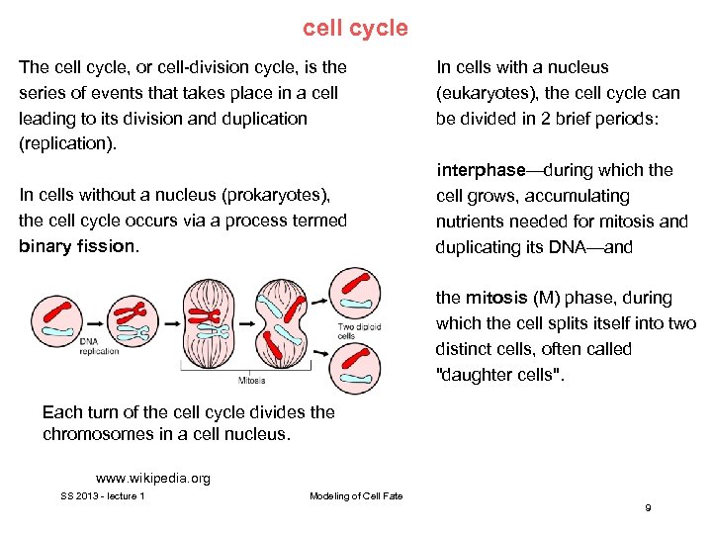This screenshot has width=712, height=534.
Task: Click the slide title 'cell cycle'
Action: click(355, 28)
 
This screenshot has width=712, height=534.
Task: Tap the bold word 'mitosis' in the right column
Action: click(491, 298)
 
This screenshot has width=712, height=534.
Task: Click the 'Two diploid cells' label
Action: click(359, 331)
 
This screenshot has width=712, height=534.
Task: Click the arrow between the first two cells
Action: click(94, 323)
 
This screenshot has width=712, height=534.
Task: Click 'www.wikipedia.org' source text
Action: click(152, 479)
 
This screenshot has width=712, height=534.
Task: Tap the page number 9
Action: click(648, 507)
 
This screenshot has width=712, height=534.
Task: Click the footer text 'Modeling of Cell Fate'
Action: click(356, 495)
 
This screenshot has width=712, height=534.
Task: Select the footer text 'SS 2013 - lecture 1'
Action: click(103, 495)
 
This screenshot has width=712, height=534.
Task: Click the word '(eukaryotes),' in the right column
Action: click(487, 93)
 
